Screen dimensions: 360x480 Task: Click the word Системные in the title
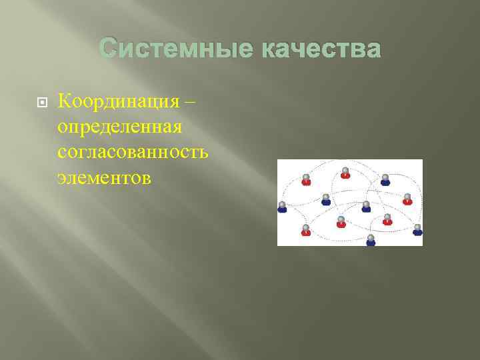click(174, 49)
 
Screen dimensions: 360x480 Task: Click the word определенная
click(120, 127)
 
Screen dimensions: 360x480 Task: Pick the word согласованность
click(133, 153)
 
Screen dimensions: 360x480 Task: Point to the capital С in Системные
click(108, 49)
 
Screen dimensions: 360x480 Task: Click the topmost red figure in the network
click(345, 173)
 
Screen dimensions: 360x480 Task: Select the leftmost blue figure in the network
click(282, 207)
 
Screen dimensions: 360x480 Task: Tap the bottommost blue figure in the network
click(371, 240)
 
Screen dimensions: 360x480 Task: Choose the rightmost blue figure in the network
click(417, 230)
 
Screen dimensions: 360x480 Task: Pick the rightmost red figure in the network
click(407, 199)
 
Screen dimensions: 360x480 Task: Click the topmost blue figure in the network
click(385, 179)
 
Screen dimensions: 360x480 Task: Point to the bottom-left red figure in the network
click(306, 230)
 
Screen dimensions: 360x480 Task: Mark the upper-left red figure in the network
click(306, 179)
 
